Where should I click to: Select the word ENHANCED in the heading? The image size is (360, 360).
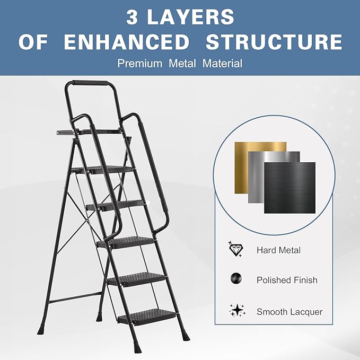point(126,42)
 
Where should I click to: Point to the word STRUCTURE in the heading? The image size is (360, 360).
point(274,42)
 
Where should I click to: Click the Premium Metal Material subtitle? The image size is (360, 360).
point(180,64)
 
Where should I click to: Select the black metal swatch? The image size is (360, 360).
point(289,188)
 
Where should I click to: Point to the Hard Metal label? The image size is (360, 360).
point(278,250)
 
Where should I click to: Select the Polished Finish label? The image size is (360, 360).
point(286,280)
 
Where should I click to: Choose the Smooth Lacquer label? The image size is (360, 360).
point(289,312)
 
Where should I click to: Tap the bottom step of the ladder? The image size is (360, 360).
point(146,316)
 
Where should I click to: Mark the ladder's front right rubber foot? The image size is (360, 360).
point(186,336)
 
